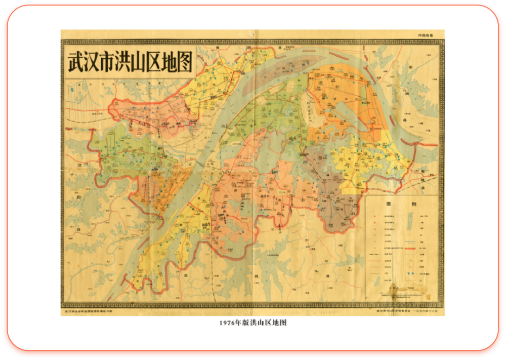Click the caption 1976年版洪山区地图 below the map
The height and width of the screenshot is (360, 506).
253,323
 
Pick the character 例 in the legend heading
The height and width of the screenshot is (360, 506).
413,204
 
